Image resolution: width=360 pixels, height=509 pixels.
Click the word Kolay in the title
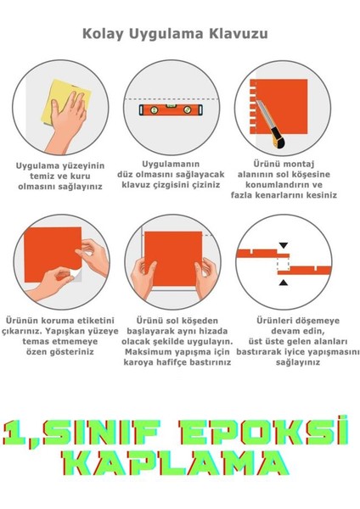click(x=103, y=35)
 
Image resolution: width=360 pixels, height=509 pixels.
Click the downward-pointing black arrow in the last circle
click(x=284, y=245)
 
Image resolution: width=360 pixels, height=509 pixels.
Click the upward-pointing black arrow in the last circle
click(x=284, y=270)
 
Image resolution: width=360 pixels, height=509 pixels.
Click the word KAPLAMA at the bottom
click(x=179, y=463)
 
